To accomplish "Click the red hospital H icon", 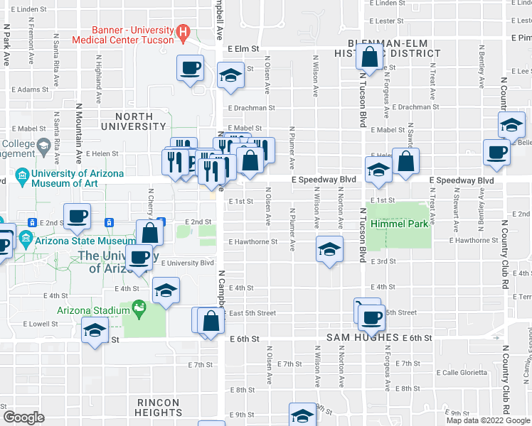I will click(x=183, y=31).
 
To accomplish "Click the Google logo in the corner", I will click(x=24, y=417).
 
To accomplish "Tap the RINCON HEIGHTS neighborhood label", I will click(x=159, y=407).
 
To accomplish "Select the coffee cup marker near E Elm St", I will click(x=190, y=68).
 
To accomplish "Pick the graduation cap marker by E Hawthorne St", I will click(x=329, y=249).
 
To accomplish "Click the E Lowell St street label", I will click(x=40, y=323).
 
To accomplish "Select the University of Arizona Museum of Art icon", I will click(x=21, y=175).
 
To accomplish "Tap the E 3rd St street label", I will click(x=383, y=261).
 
